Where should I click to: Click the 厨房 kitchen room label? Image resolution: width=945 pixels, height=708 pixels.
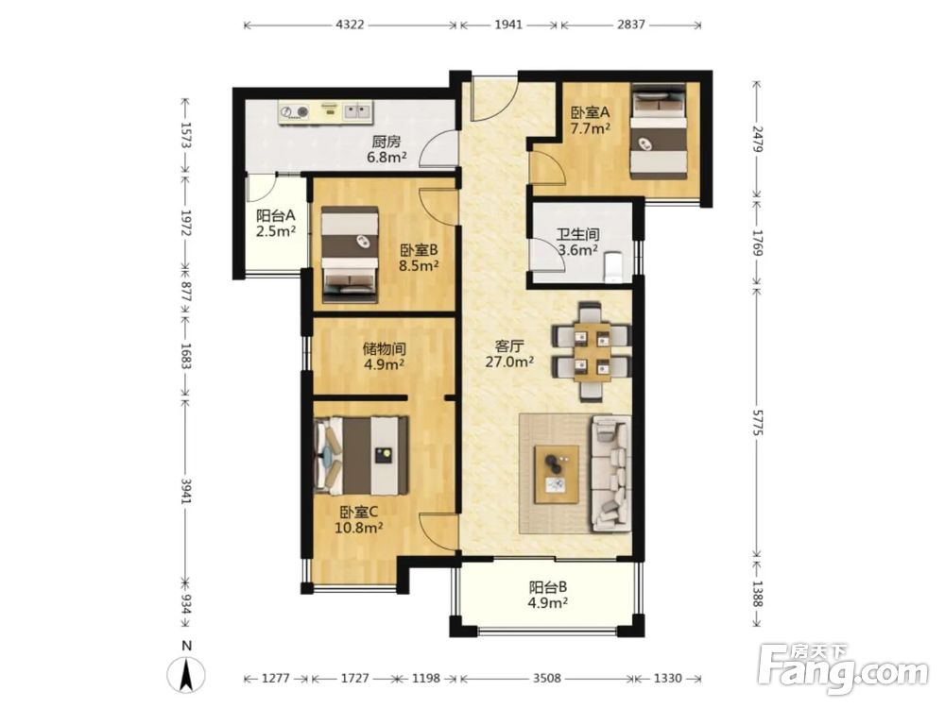[387, 143]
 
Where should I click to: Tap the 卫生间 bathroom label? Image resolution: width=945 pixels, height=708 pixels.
[577, 234]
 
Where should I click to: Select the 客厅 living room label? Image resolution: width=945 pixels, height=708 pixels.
[509, 346]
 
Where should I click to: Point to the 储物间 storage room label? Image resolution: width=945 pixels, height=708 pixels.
[384, 348]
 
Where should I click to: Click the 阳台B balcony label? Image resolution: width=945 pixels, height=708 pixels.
[548, 586]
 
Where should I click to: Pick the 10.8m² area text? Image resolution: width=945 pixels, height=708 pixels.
[359, 528]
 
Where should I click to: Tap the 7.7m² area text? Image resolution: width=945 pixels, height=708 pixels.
[591, 128]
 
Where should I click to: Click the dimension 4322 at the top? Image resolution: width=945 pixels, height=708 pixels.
[350, 25]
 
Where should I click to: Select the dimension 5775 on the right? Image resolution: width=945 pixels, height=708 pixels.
[758, 423]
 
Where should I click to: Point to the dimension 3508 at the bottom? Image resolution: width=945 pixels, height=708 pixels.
[546, 679]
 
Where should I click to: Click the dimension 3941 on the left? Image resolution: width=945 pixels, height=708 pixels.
[186, 491]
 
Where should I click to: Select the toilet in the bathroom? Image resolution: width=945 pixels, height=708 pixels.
[613, 267]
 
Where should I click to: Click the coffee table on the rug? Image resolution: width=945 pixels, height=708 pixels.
[557, 475]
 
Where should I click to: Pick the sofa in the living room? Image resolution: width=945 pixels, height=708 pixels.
[611, 473]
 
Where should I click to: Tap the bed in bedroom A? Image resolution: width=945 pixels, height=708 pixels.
[659, 130]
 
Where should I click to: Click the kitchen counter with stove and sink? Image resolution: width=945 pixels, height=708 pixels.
[325, 112]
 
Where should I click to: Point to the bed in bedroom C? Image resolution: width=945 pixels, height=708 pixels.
[361, 456]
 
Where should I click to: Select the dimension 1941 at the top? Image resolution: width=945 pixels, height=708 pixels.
[508, 25]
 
